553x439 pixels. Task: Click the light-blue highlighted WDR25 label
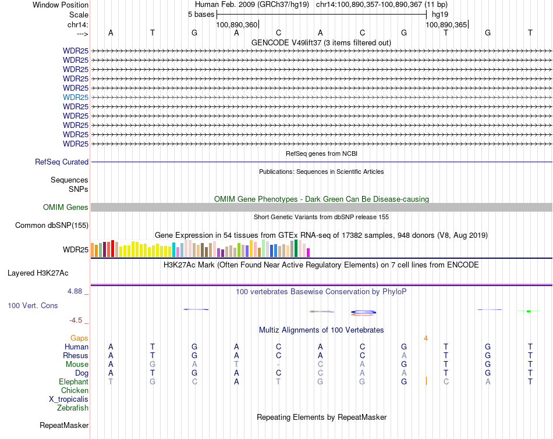coord(76,97)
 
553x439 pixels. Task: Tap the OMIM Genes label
coord(66,208)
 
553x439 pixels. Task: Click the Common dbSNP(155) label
coord(52,226)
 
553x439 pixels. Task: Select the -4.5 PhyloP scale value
coord(79,320)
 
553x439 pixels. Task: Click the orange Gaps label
coord(79,338)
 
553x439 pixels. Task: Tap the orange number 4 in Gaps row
coord(426,338)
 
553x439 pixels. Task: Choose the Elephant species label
coord(73,382)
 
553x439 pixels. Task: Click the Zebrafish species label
coord(73,408)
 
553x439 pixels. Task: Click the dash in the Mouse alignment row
coord(278,365)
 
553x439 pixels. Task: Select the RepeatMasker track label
coord(64,426)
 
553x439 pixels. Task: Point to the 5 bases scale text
coord(201,15)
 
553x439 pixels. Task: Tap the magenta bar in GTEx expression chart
coord(309,252)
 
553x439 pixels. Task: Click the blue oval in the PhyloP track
coord(364,312)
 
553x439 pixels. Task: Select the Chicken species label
coord(75,391)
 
